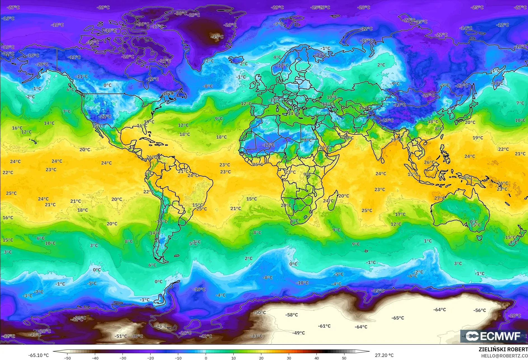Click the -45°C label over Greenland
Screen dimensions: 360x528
point(217,37)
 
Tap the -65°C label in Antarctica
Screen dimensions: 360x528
point(398,318)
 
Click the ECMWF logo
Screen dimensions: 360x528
point(493,336)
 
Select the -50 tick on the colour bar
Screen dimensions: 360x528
point(67,358)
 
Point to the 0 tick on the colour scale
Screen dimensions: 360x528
point(206,358)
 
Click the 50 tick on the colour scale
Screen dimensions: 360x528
point(344,358)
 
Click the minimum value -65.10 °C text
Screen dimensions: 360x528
point(38,355)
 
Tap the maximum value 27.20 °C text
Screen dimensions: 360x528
point(384,355)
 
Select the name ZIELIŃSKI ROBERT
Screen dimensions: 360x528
point(503,349)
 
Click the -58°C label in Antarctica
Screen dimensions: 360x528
point(292,315)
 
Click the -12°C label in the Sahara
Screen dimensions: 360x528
point(268,145)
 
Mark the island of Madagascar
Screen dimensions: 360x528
point(333,200)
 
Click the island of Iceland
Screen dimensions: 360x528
point(236,60)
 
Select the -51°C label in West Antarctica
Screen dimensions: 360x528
point(121,336)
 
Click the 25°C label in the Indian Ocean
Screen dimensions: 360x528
point(367,210)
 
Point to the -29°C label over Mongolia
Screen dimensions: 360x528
point(428,95)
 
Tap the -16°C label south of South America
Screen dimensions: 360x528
point(199,290)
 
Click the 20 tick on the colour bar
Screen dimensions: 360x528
point(261,358)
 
